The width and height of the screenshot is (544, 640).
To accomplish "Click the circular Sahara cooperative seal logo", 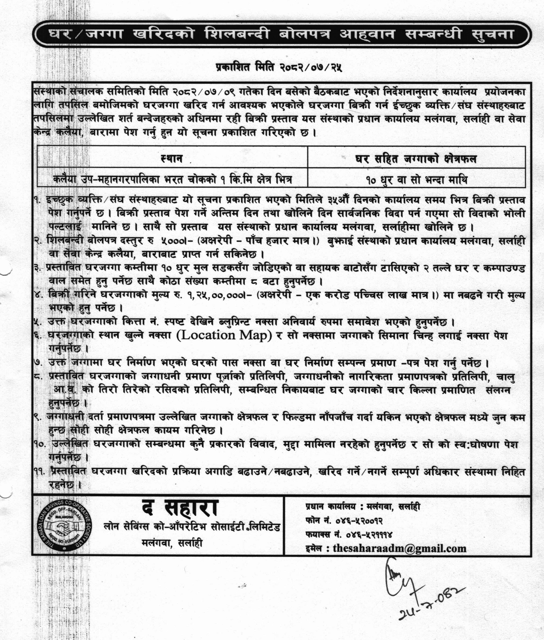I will point(65,524).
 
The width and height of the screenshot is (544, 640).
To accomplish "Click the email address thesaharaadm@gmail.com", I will point(399,548).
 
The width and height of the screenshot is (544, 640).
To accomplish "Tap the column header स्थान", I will point(172,158).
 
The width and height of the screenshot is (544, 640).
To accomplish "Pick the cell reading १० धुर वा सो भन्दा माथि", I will point(417,179).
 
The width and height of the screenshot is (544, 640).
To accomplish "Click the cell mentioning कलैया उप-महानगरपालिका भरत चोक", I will point(172,179).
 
